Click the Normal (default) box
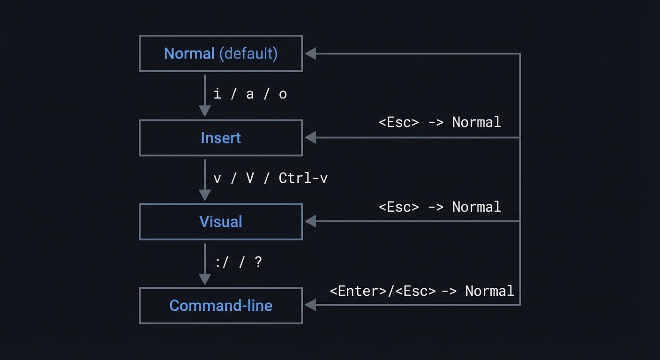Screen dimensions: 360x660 point(221,53)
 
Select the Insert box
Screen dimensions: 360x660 point(221,138)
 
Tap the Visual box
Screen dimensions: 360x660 point(221,222)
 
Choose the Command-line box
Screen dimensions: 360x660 point(221,306)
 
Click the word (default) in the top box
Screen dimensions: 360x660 point(248,53)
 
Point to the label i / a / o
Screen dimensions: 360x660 point(250,94)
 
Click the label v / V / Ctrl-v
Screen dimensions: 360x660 point(270,179)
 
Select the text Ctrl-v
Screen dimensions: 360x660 point(303,179)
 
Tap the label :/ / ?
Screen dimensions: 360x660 point(238,262)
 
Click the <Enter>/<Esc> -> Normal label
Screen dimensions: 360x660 point(422,291)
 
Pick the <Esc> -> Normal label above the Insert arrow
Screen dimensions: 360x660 point(440,123)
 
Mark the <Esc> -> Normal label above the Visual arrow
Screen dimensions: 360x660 point(440,207)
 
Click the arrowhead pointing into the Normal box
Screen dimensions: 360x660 point(310,54)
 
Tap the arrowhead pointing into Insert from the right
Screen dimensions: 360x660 point(310,138)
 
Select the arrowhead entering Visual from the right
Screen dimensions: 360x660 point(310,221)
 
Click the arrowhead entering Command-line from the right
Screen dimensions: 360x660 point(310,305)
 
